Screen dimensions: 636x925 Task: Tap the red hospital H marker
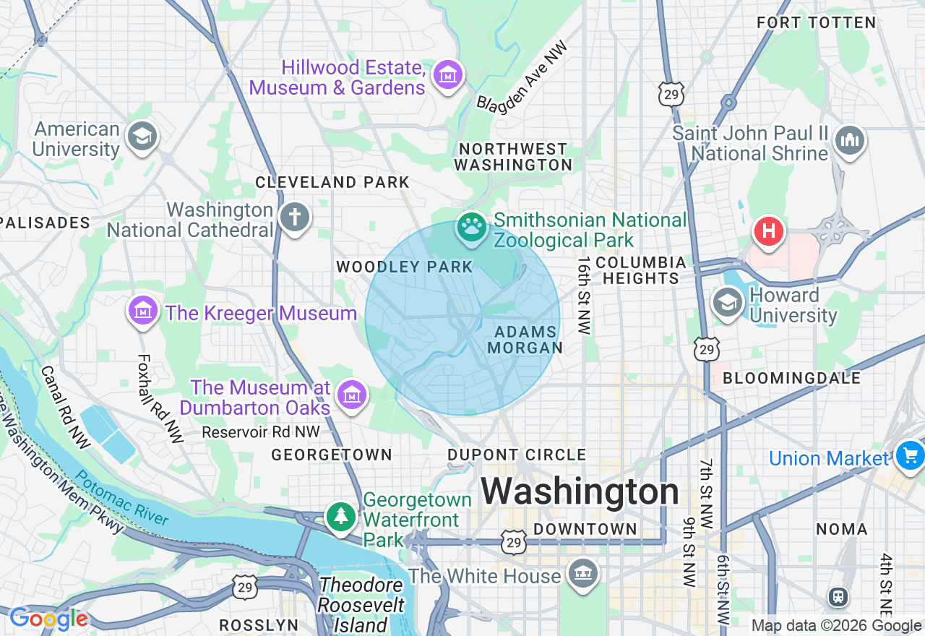[x=769, y=232]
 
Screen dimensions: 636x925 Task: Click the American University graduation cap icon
[x=142, y=136]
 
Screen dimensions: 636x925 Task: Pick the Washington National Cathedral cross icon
[x=294, y=217]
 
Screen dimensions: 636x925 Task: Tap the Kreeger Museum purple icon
[x=143, y=311]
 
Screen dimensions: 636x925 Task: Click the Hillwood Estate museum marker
[x=447, y=74]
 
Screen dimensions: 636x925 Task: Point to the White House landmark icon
[x=582, y=574]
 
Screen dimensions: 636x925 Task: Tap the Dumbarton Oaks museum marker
[x=352, y=395]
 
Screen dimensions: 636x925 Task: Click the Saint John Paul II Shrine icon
[x=849, y=140]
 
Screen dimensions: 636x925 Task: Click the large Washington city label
[x=580, y=492]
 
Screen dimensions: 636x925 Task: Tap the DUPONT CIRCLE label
[x=517, y=455]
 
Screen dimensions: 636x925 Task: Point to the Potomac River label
[x=122, y=499]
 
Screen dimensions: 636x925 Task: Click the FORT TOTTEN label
[x=816, y=23]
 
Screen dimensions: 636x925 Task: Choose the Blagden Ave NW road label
[x=522, y=76]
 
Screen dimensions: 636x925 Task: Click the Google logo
[x=48, y=619]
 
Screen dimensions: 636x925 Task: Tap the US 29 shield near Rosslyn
[x=246, y=587]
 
